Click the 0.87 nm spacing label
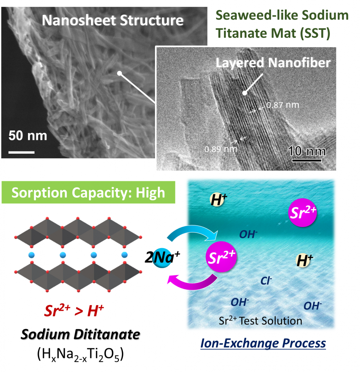(283, 105)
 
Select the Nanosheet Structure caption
(112, 20)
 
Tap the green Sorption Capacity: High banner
(89, 192)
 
